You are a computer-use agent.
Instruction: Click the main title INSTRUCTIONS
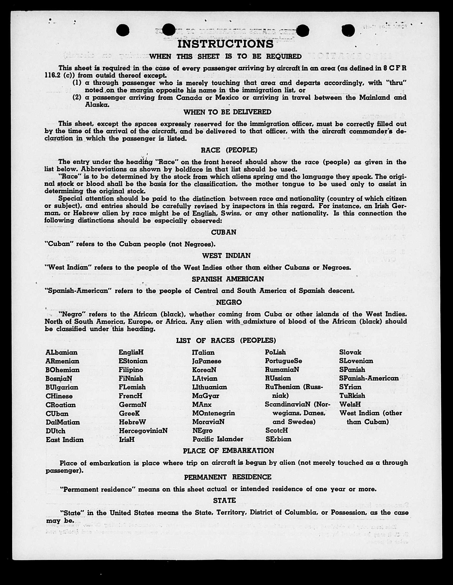pos(225,44)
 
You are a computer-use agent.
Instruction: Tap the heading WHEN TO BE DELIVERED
pos(227,112)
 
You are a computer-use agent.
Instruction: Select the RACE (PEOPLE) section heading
pos(229,150)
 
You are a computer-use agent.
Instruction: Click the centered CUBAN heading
pos(224,232)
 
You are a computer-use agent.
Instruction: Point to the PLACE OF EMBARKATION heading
pos(228,451)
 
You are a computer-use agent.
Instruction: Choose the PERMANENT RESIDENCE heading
pos(228,477)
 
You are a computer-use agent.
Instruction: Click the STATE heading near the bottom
pos(225,500)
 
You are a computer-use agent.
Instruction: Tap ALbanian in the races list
pos(62,352)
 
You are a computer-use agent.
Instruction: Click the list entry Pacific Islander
pos(218,439)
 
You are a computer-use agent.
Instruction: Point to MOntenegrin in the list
pos(213,413)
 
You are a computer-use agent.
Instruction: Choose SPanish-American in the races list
pos(369,378)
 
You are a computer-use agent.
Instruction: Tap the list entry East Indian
pos(65,440)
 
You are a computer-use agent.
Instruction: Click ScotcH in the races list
pos(277,430)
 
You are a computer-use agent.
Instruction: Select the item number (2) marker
pos(77,97)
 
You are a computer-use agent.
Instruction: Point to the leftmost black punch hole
pos(123,30)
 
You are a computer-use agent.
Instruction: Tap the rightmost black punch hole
pos(348,30)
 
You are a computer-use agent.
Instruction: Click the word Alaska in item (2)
pos(97,105)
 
